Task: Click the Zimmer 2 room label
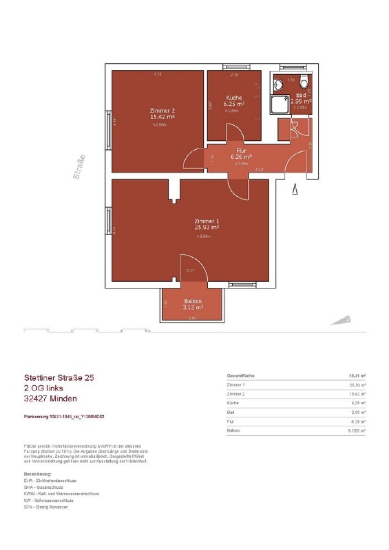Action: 162,111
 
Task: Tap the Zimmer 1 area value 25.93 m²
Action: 206,227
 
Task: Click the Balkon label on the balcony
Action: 192,302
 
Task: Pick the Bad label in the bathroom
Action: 301,95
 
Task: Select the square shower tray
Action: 280,105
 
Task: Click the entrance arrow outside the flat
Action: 295,189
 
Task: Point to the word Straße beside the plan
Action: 80,166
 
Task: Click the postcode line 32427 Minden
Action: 50,399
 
